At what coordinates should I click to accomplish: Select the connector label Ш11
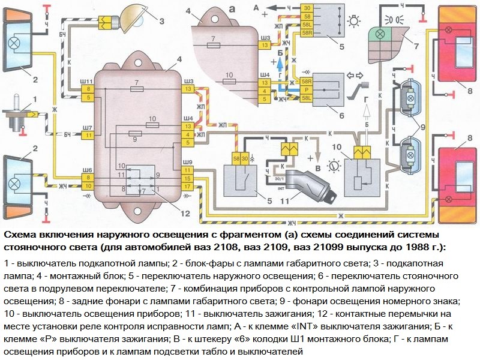87,80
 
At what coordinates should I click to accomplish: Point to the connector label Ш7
87,128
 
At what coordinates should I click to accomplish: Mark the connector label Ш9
188,163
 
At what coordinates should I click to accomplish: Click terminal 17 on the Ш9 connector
188,187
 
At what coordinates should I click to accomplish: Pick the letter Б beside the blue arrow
280,54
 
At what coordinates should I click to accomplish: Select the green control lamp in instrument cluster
379,34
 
